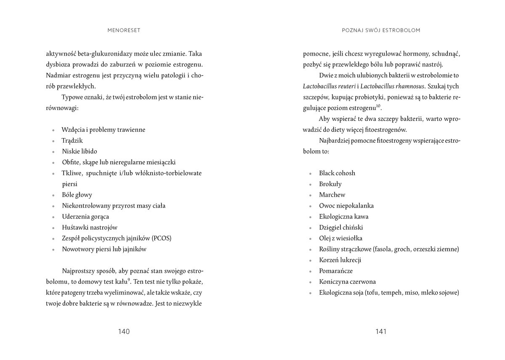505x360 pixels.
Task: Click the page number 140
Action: (124, 331)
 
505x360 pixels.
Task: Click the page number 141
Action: (380, 331)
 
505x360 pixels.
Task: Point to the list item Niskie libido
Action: (80, 151)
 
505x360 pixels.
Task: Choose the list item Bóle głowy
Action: (77, 195)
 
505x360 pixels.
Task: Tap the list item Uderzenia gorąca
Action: (85, 217)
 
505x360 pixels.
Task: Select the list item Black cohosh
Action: (337, 173)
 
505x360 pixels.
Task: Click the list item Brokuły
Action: (330, 184)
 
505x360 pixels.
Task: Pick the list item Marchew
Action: (332, 195)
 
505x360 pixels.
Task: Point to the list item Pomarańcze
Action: (336, 271)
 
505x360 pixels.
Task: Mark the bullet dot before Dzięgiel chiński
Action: (310, 228)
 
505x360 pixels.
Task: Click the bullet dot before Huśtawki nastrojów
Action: (53, 228)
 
